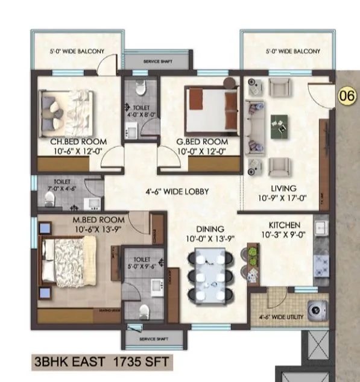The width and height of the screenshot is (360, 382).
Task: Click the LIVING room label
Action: coord(282,189)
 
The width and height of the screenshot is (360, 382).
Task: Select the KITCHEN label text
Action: coord(281,224)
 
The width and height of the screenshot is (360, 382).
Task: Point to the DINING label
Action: coord(210,229)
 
